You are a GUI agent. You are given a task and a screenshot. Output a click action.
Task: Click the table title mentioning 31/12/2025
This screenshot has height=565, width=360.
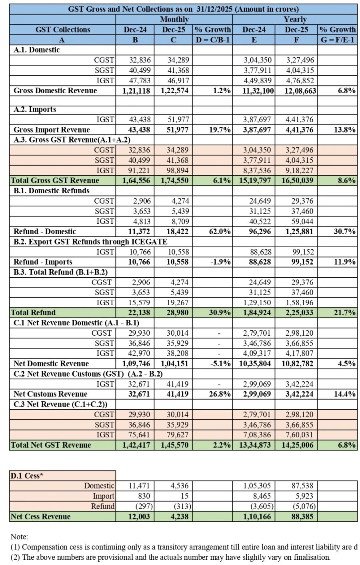pyautogui.click(x=183, y=9)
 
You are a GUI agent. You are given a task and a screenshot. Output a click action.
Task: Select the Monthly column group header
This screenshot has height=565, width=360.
pyautogui.click(x=174, y=19)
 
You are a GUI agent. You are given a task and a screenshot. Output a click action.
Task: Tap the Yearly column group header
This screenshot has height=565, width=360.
pyautogui.click(x=295, y=19)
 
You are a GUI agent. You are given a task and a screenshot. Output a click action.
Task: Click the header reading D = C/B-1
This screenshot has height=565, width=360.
pyautogui.click(x=212, y=40)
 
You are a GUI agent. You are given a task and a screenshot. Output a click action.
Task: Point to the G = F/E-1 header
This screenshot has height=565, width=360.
pyautogui.click(x=338, y=40)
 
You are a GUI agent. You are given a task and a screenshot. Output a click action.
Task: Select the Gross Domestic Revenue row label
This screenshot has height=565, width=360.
pyautogui.click(x=55, y=90)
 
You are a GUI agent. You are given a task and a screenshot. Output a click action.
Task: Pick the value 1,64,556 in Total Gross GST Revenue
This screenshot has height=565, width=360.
pyautogui.click(x=136, y=180)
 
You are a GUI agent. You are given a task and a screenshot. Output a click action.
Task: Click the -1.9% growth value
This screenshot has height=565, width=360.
pyautogui.click(x=220, y=262)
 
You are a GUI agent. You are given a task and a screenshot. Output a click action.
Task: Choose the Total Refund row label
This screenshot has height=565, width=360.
pyautogui.click(x=33, y=313)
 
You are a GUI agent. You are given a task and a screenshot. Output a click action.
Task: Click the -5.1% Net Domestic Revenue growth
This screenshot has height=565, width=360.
pyautogui.click(x=220, y=363)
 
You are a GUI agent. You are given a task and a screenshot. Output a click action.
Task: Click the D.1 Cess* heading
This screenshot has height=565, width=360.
pyautogui.click(x=27, y=476)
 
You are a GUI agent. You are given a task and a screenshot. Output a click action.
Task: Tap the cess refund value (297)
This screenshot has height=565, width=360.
pyautogui.click(x=139, y=506)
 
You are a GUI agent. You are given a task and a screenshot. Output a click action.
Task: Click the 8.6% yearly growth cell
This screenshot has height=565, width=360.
pyautogui.click(x=346, y=180)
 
